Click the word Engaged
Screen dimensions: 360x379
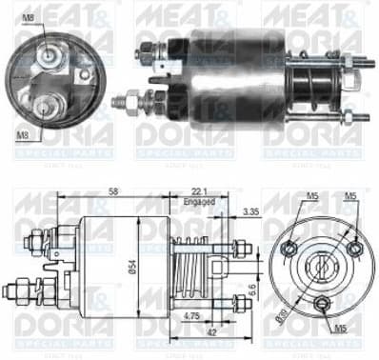coord(200,202)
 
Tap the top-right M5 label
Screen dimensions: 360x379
coord(349,198)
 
